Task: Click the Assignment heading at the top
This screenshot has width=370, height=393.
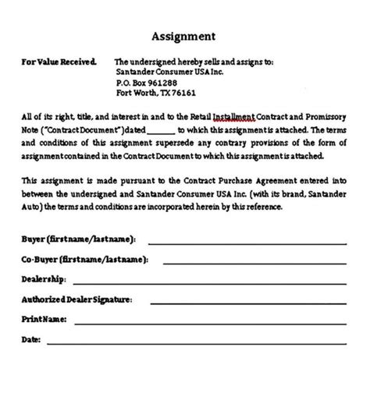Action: pos(184,36)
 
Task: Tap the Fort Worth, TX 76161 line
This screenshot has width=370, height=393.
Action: pos(156,93)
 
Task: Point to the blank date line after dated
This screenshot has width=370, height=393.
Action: pos(160,131)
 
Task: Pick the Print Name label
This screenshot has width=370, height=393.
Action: pos(44,319)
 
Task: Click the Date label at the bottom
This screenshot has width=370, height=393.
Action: pos(30,339)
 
